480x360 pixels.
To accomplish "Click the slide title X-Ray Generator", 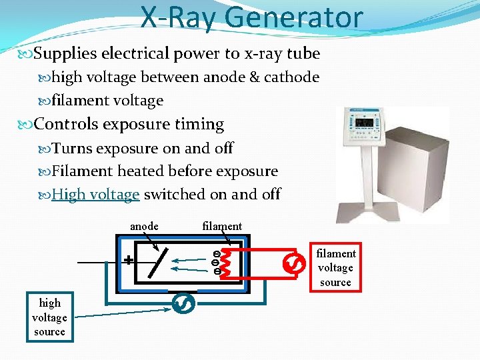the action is coord(251,18).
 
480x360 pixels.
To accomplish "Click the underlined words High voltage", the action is coord(95,195).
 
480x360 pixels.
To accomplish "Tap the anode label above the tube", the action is coord(144,227).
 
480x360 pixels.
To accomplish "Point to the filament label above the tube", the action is coord(222,227).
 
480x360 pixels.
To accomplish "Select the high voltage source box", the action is coord(49,317).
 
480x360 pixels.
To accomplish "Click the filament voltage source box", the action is coord(335,268).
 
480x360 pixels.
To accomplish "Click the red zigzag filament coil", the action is coord(227,262).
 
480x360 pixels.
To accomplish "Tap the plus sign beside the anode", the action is coord(128,260).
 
